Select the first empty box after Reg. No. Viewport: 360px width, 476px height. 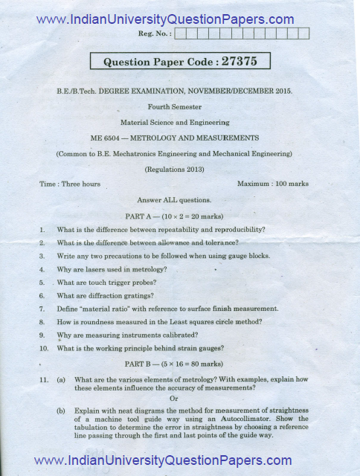tap(181, 33)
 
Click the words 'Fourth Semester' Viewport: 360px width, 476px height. tap(175, 106)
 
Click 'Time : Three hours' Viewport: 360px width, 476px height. tap(70, 184)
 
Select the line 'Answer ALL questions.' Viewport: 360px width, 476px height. tap(175, 200)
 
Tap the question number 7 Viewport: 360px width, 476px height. tap(43, 309)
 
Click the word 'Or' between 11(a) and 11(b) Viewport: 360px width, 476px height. tap(175, 398)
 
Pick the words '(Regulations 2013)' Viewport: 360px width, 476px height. tap(175, 170)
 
